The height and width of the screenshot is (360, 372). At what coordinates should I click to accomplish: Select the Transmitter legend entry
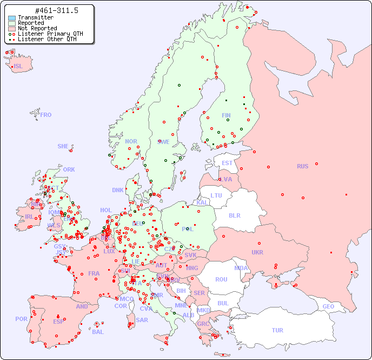35,17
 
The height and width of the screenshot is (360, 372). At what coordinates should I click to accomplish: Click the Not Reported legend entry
37,28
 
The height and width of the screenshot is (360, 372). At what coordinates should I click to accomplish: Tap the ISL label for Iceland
18,67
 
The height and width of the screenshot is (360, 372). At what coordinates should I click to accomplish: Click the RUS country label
302,166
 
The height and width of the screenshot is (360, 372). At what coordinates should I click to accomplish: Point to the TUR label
277,330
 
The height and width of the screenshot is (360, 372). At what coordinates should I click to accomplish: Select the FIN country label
226,115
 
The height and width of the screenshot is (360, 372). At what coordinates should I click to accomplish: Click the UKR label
257,252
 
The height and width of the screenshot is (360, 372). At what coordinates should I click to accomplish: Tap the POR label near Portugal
21,319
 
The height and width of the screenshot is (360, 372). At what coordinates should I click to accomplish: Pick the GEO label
328,306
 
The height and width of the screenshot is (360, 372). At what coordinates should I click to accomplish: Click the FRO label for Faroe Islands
46,115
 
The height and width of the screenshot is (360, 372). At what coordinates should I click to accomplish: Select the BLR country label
234,215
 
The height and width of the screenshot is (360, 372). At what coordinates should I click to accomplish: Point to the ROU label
221,279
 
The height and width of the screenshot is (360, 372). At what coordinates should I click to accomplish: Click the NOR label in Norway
131,141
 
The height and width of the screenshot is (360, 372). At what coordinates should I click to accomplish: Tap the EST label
227,163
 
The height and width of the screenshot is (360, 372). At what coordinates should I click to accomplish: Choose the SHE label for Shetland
63,146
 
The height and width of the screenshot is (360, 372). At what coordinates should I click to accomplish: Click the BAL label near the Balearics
98,332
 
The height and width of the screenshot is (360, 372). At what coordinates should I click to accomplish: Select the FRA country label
94,273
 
